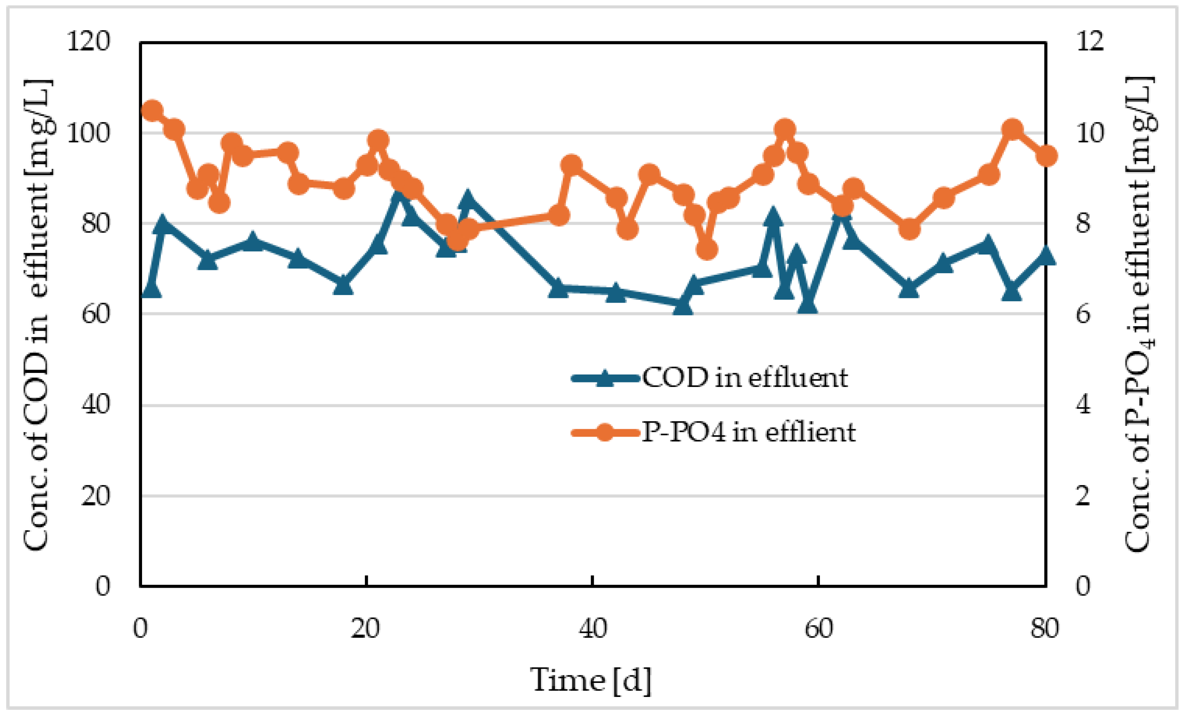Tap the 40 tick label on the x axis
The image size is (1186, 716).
[593, 628]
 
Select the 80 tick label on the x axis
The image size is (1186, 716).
[1044, 628]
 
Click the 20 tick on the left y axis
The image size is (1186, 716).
[95, 496]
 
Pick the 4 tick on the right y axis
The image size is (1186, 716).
[1083, 405]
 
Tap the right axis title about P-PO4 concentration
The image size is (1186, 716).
[1140, 315]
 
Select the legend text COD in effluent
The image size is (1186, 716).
[745, 378]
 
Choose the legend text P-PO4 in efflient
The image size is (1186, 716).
[748, 432]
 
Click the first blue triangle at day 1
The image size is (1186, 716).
[152, 289]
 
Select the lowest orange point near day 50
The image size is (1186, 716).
[706, 250]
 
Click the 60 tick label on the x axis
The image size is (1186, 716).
[819, 628]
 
